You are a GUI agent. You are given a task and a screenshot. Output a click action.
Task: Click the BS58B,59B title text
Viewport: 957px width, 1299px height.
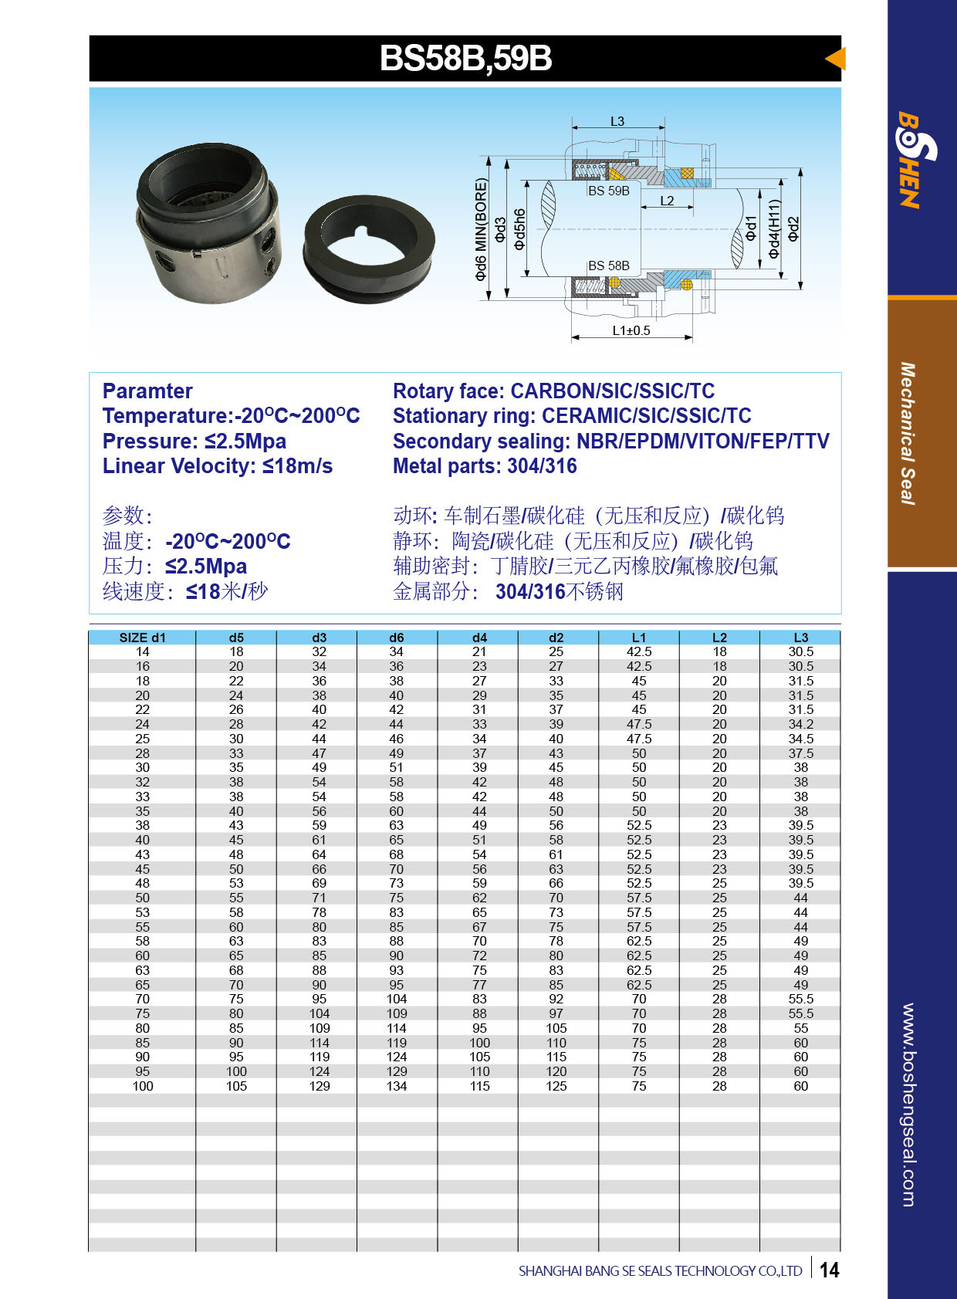(465, 59)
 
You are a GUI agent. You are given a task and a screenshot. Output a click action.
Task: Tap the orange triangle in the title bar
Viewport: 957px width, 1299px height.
(836, 59)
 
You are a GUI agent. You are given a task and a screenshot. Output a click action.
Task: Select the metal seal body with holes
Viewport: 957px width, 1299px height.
(208, 224)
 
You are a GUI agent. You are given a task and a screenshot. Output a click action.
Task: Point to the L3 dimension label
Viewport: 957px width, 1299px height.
(617, 121)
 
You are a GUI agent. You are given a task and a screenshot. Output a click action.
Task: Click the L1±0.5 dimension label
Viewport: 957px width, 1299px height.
(631, 330)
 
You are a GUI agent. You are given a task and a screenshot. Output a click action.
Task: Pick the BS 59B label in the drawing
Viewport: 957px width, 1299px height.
(608, 191)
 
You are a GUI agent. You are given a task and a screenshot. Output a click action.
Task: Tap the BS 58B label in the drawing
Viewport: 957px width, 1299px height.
(608, 266)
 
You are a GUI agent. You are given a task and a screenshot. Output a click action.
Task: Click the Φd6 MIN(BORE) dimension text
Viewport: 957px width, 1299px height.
(482, 229)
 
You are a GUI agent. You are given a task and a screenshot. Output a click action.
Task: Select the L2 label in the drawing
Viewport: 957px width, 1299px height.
(667, 201)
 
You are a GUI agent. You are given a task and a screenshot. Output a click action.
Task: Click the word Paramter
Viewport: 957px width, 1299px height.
(147, 391)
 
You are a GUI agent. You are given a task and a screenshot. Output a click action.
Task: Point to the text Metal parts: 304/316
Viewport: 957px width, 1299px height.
(485, 466)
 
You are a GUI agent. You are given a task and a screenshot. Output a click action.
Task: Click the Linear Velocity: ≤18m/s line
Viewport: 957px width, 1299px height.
(218, 466)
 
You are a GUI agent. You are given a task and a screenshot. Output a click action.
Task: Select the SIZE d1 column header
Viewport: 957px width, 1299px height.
(143, 638)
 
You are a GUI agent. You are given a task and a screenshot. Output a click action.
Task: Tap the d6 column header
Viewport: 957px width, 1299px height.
(397, 638)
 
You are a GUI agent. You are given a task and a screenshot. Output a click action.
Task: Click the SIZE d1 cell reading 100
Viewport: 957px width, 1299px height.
(143, 1086)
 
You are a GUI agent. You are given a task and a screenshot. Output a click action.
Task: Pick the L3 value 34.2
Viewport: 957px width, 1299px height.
(800, 724)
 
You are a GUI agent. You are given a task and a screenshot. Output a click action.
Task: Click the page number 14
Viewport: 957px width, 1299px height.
(829, 1270)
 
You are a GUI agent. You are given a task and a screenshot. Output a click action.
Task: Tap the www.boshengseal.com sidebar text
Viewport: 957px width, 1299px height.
(908, 1104)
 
